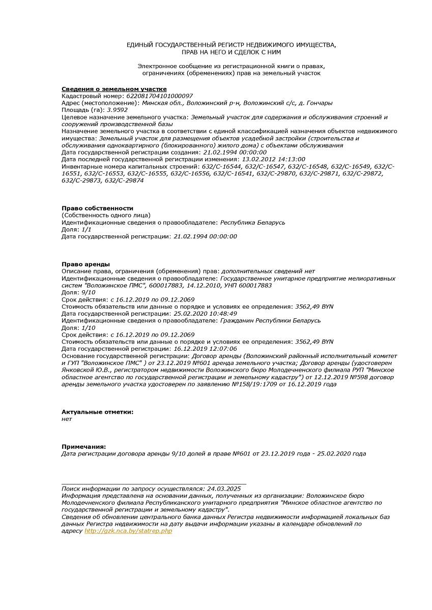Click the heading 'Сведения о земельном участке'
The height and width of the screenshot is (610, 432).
coord(114,89)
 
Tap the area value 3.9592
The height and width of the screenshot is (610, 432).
coord(117,109)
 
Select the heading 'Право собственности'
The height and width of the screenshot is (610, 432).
coord(97,208)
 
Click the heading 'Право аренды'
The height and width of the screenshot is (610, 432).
coord(85,264)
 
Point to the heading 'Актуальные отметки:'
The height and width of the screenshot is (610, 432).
coord(97,412)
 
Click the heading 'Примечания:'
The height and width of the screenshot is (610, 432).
coord(83,446)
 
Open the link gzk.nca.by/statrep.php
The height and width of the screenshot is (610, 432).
coord(128,531)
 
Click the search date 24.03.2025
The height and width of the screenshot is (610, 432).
coord(224,489)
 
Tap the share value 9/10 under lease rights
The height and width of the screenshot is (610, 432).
coord(88,292)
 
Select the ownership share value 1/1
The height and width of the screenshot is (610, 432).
coord(88,229)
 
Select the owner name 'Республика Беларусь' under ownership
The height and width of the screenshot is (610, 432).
coord(253,222)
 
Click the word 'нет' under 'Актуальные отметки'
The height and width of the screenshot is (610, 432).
coord(67,419)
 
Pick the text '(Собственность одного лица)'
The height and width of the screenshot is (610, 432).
coord(106,215)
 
